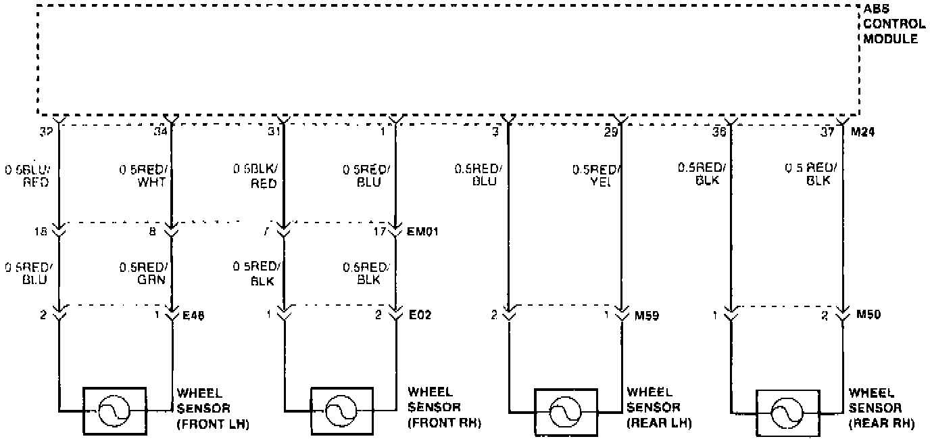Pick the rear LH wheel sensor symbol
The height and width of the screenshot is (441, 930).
(x=566, y=411)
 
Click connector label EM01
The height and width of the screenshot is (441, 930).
(x=424, y=231)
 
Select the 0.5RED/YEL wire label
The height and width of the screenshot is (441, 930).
(x=595, y=176)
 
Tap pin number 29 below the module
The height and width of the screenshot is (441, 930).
(x=610, y=133)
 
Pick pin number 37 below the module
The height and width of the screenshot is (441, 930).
(x=827, y=133)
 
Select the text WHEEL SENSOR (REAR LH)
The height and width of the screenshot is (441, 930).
(x=659, y=408)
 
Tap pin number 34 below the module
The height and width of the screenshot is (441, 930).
(x=160, y=133)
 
